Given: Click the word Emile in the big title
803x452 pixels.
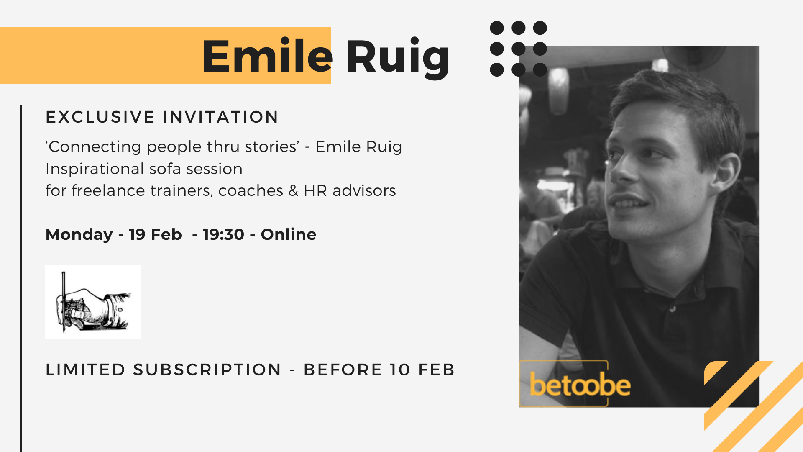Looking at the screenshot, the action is [267, 56].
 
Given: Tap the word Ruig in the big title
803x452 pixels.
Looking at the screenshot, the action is [398, 58].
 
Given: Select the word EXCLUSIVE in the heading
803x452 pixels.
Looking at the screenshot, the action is [100, 117].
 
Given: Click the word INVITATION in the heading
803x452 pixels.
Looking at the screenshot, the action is [220, 117].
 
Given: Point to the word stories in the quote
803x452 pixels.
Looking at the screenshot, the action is [272, 146].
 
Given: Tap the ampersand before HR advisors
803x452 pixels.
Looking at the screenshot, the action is [294, 190].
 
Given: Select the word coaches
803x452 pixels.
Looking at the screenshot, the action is [251, 191].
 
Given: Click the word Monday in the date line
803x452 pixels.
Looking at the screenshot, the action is [79, 235].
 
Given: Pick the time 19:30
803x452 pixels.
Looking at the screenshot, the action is [223, 234].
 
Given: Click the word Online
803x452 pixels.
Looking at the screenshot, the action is [289, 234].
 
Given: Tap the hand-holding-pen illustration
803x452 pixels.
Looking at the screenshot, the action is [93, 302].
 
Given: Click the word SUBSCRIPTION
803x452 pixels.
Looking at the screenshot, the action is [207, 370].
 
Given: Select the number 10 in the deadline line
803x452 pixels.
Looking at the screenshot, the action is [400, 370].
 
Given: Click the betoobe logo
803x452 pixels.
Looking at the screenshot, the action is [580, 384].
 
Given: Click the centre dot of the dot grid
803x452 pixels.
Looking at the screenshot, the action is [519, 49].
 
